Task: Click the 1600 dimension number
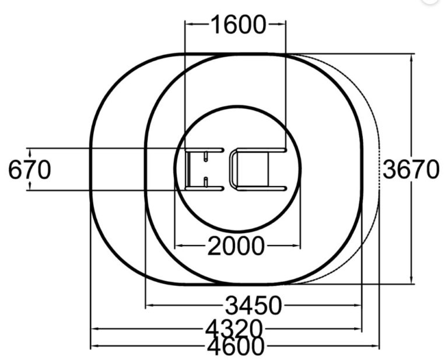point(238,25)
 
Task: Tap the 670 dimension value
point(30,170)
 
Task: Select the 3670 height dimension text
point(411,169)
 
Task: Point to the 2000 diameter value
point(236,246)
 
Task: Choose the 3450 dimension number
point(254,305)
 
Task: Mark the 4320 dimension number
point(234,328)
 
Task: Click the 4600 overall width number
point(236,346)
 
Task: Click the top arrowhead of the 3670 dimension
point(411,58)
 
